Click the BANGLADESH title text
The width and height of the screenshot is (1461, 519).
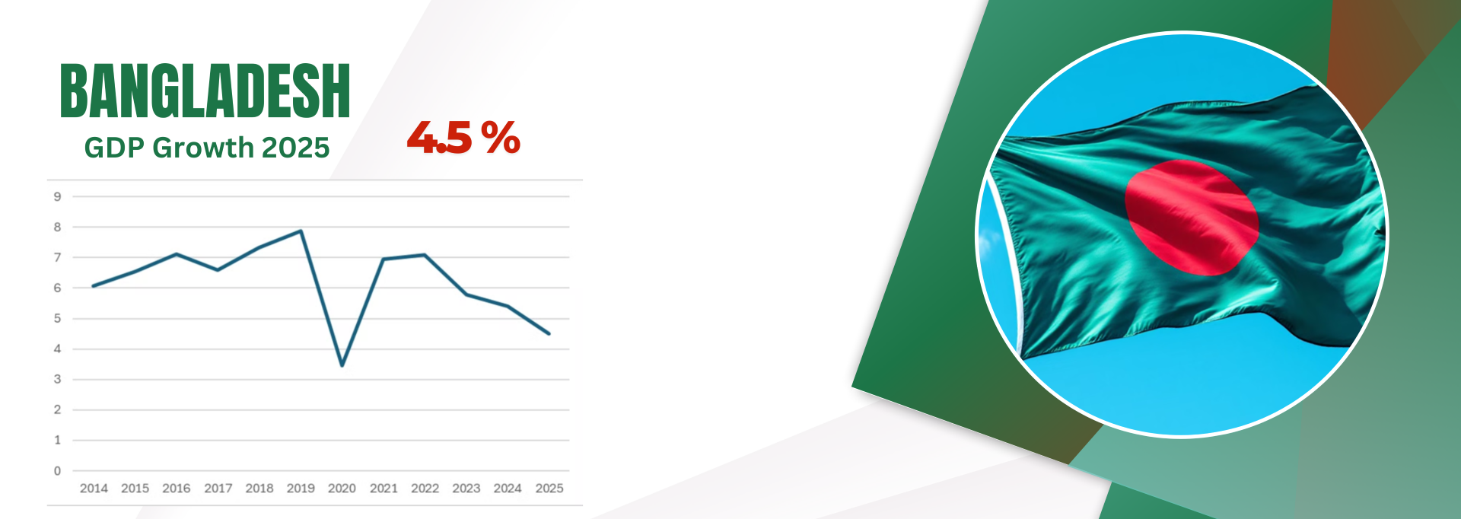[205, 91]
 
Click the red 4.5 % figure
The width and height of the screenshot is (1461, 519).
[463, 138]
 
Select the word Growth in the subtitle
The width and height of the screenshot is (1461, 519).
[203, 148]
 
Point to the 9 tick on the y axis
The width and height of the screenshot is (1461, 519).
[57, 196]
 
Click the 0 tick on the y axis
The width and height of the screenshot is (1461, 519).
[57, 471]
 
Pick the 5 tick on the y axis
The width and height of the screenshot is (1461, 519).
[57, 318]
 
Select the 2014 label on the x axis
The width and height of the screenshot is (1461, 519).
[94, 489]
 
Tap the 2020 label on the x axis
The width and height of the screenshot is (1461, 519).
[342, 489]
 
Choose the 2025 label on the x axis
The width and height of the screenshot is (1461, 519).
[549, 489]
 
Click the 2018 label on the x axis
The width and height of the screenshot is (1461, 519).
[259, 489]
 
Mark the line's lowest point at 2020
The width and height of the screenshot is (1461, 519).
[342, 365]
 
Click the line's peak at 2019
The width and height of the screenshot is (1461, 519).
[301, 231]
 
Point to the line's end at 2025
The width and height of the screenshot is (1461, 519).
[549, 333]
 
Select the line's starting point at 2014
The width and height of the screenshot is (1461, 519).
[93, 286]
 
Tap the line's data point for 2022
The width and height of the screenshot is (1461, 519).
[425, 255]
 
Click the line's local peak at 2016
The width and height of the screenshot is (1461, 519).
[177, 254]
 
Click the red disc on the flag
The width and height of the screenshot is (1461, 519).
[1192, 217]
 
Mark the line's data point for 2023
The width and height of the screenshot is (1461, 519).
[466, 295]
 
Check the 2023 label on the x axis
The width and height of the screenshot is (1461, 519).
[466, 489]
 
